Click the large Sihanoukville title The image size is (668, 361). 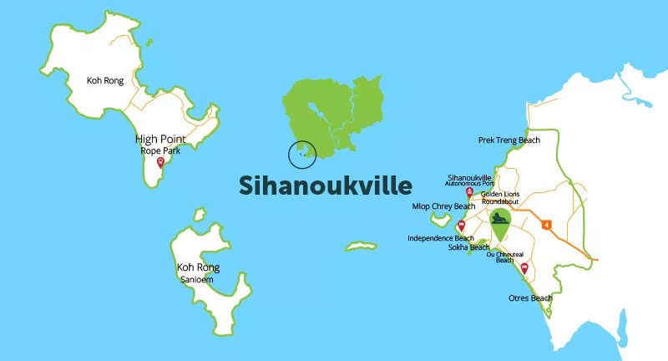[325, 185]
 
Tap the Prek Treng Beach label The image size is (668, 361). [509, 140]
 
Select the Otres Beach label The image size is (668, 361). [530, 298]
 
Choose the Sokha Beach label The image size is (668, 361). [468, 247]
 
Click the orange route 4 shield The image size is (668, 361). [548, 224]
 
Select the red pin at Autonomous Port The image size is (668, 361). [469, 192]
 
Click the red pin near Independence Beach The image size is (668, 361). [461, 226]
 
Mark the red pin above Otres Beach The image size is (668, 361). [524, 268]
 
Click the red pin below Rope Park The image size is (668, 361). [160, 162]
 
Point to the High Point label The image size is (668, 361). [160, 139]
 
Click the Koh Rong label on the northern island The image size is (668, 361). [105, 81]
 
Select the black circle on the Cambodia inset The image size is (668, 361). [302, 154]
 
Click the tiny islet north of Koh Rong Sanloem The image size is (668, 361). [199, 215]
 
